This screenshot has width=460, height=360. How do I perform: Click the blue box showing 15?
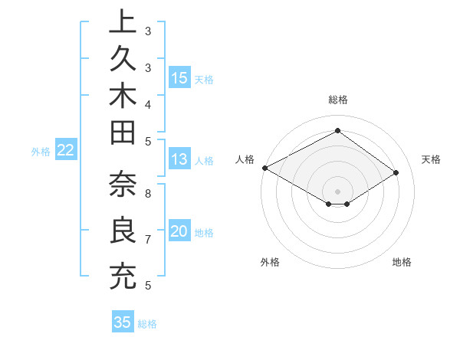click(179, 77)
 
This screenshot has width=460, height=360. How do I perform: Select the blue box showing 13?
click(179, 160)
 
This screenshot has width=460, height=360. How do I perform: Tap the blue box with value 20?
click(179, 231)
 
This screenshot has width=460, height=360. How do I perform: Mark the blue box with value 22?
click(66, 150)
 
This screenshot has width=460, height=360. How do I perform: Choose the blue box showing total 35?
click(123, 322)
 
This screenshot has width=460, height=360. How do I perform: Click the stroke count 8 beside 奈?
click(148, 193)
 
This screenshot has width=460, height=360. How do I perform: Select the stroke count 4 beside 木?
click(148, 104)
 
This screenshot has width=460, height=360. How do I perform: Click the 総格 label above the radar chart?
click(337, 100)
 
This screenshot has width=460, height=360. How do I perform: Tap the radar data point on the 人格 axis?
click(264, 168)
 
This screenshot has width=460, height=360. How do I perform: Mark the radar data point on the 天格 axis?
click(396, 173)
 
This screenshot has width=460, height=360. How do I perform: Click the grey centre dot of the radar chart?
click(337, 191)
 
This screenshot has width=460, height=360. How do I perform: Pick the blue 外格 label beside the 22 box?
click(41, 151)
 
